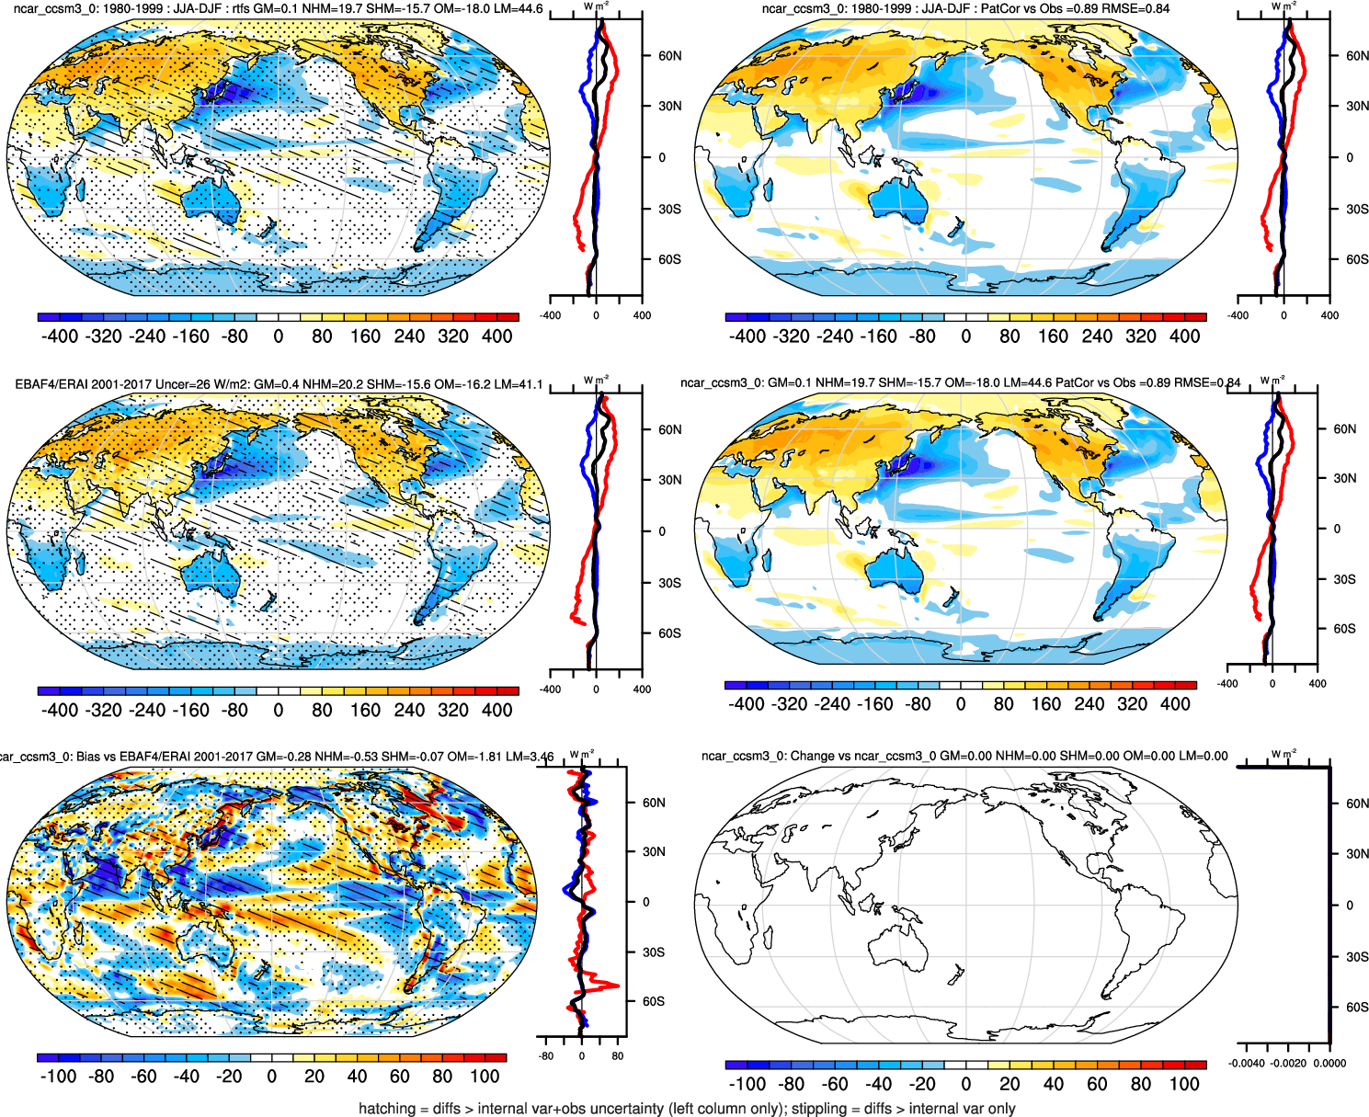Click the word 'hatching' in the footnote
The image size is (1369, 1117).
pyautogui.click(x=387, y=1108)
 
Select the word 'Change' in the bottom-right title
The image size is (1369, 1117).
pyautogui.click(x=813, y=756)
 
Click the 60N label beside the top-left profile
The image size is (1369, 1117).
pyautogui.click(x=669, y=56)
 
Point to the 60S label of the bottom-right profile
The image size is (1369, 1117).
pyautogui.click(x=1357, y=1008)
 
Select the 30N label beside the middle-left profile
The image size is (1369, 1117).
pyautogui.click(x=669, y=480)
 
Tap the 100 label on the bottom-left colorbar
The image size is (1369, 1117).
pyautogui.click(x=485, y=1077)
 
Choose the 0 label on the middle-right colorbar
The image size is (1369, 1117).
pyautogui.click(x=961, y=704)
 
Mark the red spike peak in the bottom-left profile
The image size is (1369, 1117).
pyautogui.click(x=617, y=986)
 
